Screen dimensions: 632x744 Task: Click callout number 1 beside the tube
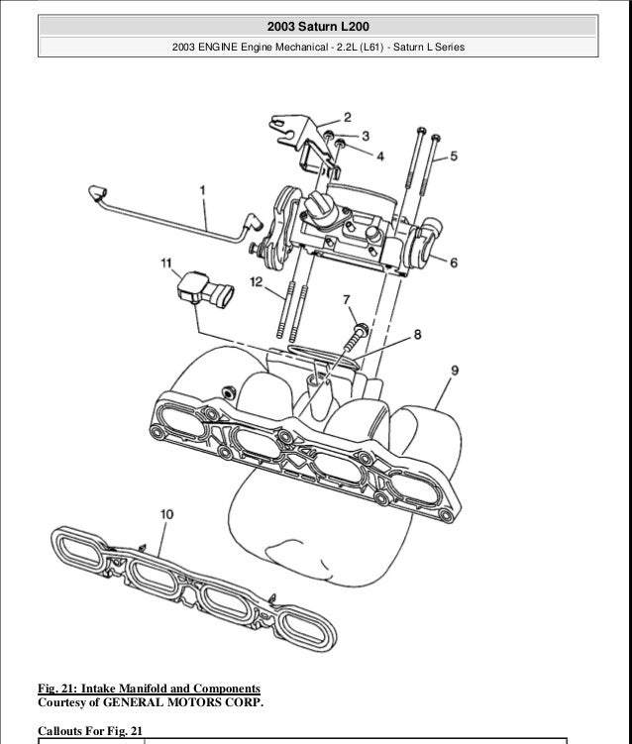tap(203, 190)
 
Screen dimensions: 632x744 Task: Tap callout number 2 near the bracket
tap(348, 117)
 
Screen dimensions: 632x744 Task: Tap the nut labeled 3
tap(329, 137)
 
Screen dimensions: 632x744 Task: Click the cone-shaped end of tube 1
tap(97, 192)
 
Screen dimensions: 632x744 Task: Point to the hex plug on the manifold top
tap(229, 392)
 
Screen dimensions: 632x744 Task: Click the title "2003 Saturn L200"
tap(318, 27)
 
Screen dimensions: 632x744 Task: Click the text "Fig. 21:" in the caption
tap(57, 689)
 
